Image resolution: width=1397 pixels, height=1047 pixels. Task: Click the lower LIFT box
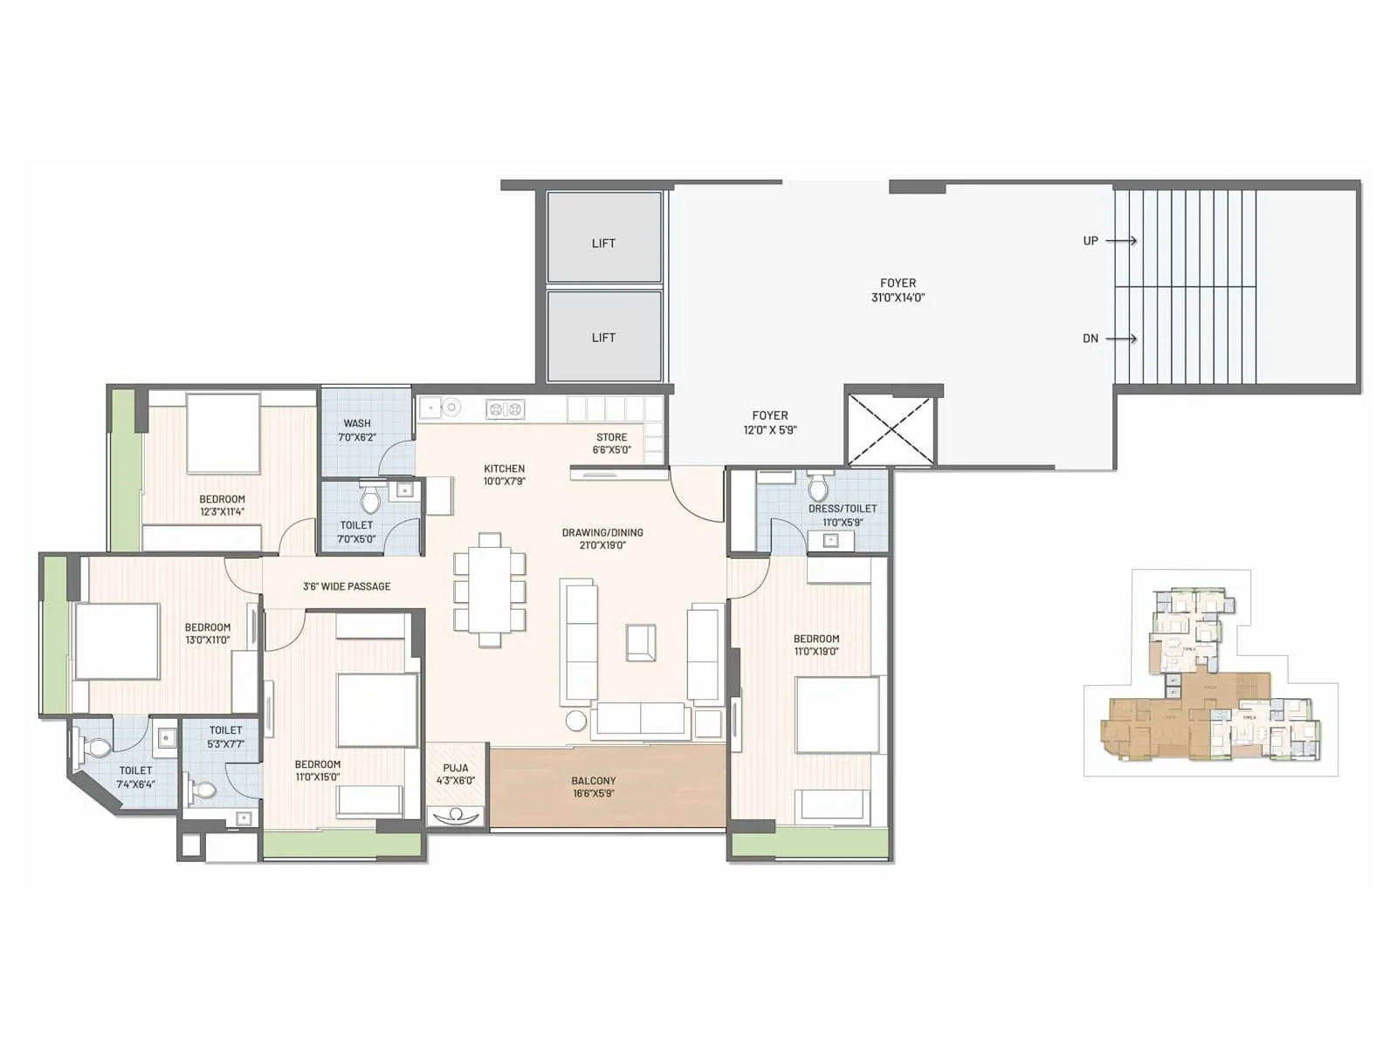tap(603, 336)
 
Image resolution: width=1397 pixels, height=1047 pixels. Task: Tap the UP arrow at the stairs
tap(1121, 241)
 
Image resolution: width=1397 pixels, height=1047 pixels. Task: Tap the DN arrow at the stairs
tap(1121, 339)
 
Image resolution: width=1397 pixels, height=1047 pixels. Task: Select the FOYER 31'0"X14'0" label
tap(898, 290)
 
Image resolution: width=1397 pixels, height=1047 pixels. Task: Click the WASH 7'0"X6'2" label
tap(356, 430)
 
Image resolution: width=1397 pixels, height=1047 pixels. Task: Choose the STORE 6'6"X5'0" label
tap(611, 443)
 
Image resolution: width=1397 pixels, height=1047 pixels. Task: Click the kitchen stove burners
tap(505, 408)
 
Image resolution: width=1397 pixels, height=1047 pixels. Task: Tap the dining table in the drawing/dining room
tap(489, 589)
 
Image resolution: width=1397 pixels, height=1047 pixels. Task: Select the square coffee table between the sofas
tap(641, 642)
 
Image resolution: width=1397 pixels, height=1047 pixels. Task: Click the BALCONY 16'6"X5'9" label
tap(594, 787)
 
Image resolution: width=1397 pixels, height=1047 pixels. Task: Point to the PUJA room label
tap(455, 774)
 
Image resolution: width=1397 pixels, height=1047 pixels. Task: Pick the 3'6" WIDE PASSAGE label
tap(347, 586)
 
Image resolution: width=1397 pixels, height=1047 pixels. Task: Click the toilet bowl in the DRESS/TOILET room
tap(818, 488)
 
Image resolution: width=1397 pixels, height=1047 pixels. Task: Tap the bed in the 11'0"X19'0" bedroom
tap(836, 715)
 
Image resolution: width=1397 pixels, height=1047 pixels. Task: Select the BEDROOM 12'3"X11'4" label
tap(222, 505)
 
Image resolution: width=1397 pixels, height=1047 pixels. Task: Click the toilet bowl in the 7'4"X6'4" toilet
tap(98, 748)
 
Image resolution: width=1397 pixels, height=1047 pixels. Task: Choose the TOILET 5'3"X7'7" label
tap(225, 737)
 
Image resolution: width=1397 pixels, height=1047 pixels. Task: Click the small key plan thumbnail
tap(1210, 674)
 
